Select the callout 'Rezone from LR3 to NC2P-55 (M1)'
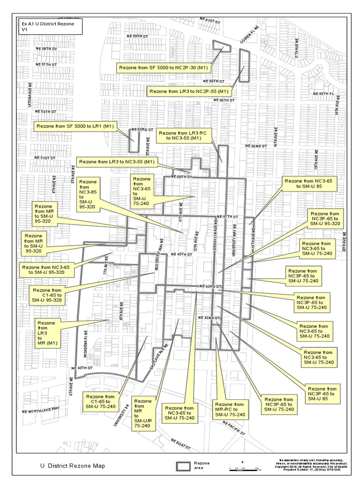point(188,91)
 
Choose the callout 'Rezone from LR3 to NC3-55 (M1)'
point(117,162)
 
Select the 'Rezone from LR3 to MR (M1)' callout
point(46,333)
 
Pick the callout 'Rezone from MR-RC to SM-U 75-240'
point(229,409)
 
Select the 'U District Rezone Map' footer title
point(73,466)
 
